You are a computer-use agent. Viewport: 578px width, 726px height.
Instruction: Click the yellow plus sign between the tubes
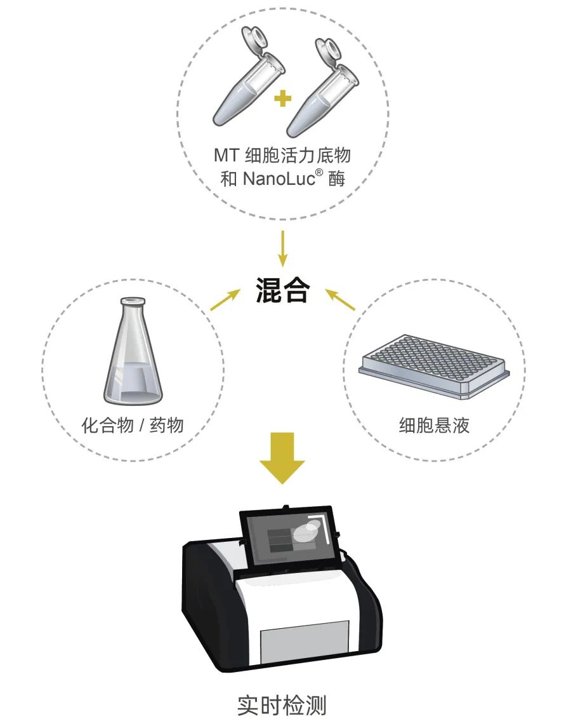point(282,98)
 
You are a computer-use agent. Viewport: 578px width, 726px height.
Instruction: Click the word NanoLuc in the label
point(278,178)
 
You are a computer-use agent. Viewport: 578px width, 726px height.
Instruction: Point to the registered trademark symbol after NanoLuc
point(319,173)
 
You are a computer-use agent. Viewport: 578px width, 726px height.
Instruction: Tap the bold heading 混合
point(282,290)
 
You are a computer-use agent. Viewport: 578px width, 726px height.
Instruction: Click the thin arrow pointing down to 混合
point(282,248)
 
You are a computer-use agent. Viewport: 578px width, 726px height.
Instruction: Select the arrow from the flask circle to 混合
point(225,300)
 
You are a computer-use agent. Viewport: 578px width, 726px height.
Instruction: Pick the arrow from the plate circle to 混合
point(340,300)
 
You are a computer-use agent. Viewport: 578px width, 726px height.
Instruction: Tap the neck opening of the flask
point(133,302)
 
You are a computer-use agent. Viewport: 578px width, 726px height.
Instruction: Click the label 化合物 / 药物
point(133,425)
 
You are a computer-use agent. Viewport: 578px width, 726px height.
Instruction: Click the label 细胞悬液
point(434,425)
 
